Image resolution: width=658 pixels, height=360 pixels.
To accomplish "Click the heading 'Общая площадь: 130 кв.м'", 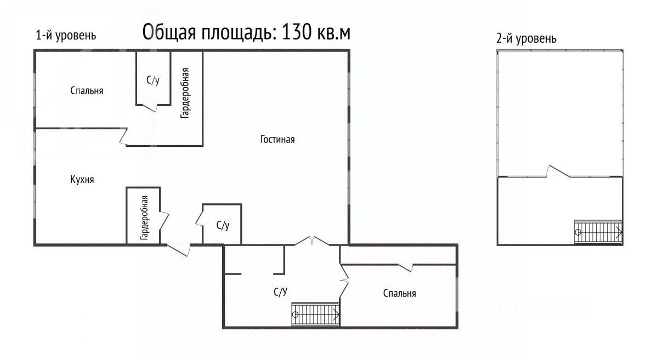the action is coord(246,32).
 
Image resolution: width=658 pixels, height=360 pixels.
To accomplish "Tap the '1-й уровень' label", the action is coord(66,36).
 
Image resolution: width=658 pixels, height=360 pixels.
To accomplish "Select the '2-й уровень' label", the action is coord(526,39).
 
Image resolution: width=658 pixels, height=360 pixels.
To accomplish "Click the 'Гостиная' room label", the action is coord(277,139).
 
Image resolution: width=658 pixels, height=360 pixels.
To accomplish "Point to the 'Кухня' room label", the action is coord(82,179).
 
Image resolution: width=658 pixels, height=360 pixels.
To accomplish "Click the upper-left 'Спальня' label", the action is coord(87,91).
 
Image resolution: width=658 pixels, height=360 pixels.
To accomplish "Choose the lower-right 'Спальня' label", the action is coord(399,293).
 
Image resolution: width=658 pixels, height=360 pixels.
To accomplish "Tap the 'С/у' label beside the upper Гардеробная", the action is coord(153,81).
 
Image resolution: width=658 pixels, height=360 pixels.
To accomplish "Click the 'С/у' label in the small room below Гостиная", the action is coord(223,225).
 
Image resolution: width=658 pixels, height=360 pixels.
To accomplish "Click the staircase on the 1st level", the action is coord(315,315).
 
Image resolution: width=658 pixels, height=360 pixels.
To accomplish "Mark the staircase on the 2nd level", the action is coord(598,232).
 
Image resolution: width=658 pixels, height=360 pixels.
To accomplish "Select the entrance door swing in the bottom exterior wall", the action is coord(179,249).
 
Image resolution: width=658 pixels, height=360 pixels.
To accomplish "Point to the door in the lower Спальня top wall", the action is coord(406,266).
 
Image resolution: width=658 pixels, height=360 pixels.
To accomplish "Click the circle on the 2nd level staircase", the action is coord(578,232).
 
